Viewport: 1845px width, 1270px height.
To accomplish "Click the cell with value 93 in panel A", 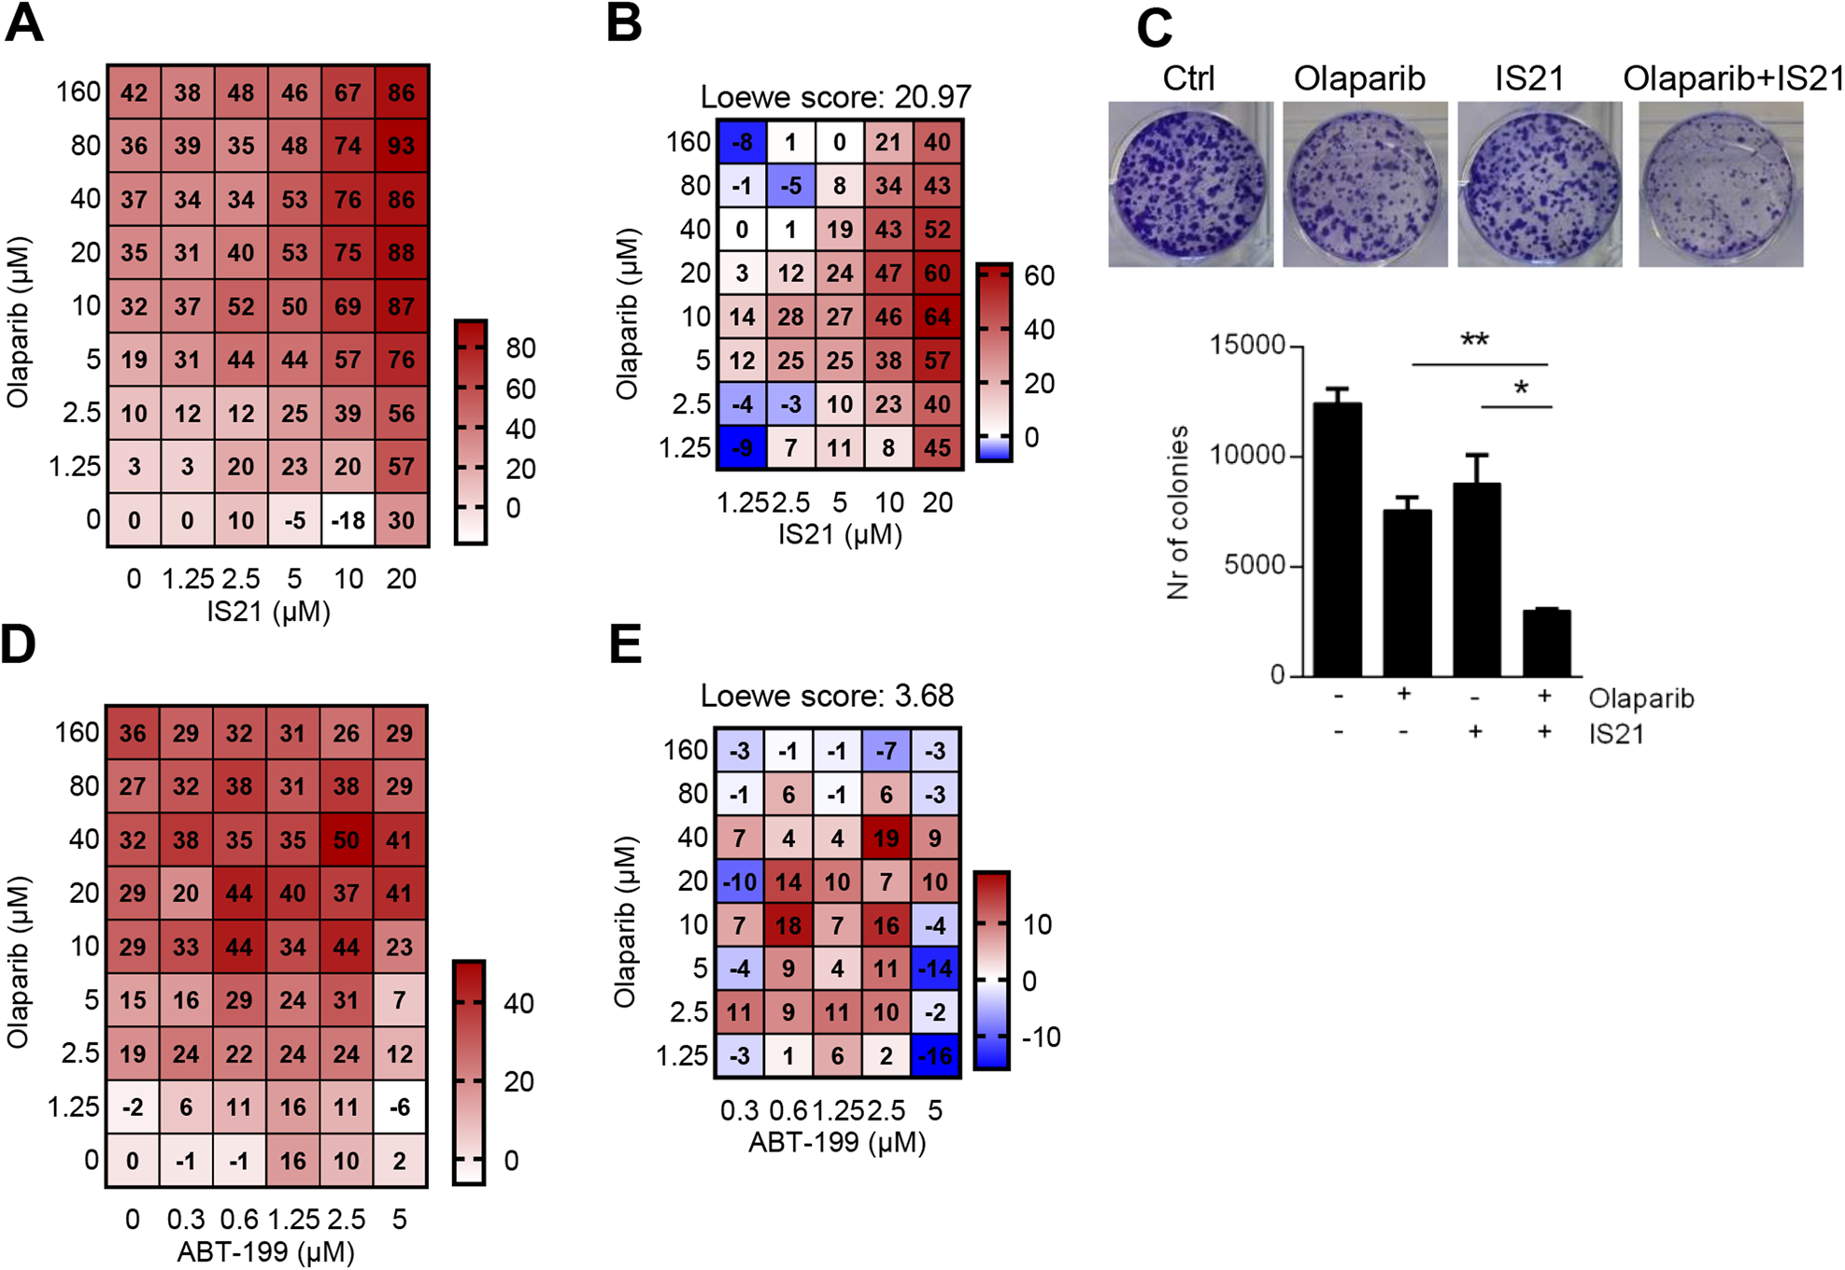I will (402, 146).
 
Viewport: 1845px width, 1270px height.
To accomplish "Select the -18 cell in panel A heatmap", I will (348, 520).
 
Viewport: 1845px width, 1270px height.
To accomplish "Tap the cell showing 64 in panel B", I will (937, 317).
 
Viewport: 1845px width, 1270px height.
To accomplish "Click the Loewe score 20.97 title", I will (835, 96).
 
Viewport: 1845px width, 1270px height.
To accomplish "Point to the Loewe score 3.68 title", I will (827, 696).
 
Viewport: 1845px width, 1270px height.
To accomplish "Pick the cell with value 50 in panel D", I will (347, 840).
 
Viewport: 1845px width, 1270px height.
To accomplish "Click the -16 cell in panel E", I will (935, 1056).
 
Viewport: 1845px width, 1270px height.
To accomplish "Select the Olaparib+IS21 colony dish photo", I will (1720, 185).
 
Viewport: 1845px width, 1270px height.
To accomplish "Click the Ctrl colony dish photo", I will (1189, 185).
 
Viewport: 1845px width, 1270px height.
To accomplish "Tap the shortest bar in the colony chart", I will (1546, 642).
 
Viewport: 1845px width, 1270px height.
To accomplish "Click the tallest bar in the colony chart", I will (1338, 539).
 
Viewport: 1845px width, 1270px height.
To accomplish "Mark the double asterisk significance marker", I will (1474, 341).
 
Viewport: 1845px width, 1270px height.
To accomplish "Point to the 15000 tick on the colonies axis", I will (1247, 346).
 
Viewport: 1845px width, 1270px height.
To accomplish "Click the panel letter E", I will (626, 644).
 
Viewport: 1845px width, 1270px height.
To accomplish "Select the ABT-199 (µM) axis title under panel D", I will (266, 1251).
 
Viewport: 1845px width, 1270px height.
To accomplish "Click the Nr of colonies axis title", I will (1178, 512).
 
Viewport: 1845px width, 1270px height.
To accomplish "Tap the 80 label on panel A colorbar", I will (520, 348).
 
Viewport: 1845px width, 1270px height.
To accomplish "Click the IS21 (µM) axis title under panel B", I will (840, 535).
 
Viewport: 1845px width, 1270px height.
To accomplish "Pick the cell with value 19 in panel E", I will (886, 839).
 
